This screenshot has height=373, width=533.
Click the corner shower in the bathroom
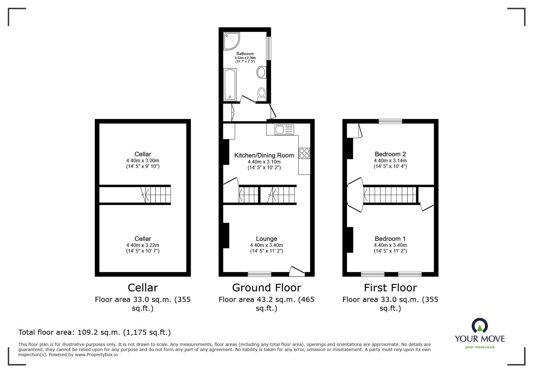tap(231, 41)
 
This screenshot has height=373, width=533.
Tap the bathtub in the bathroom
tap(230, 84)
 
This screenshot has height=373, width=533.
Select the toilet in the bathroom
tap(262, 94)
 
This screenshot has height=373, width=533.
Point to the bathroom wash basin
tap(261, 72)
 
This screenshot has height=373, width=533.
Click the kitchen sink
tap(284, 130)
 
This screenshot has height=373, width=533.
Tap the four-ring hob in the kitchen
tap(304, 153)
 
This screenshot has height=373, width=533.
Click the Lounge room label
tap(266, 239)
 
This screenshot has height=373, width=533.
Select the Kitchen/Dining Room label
tap(264, 155)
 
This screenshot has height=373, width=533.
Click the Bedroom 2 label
tap(390, 154)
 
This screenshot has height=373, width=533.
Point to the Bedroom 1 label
tap(390, 239)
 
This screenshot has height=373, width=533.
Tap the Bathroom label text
tap(245, 54)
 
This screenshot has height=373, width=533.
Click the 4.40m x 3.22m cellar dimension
tap(143, 245)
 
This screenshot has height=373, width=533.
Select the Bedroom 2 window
tap(390, 121)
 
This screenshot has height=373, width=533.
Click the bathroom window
tap(269, 48)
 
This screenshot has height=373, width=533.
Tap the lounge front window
tap(259, 274)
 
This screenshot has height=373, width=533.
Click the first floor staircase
tap(390, 194)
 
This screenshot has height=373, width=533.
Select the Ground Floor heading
tap(267, 288)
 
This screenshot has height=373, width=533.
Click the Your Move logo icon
tap(480, 326)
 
